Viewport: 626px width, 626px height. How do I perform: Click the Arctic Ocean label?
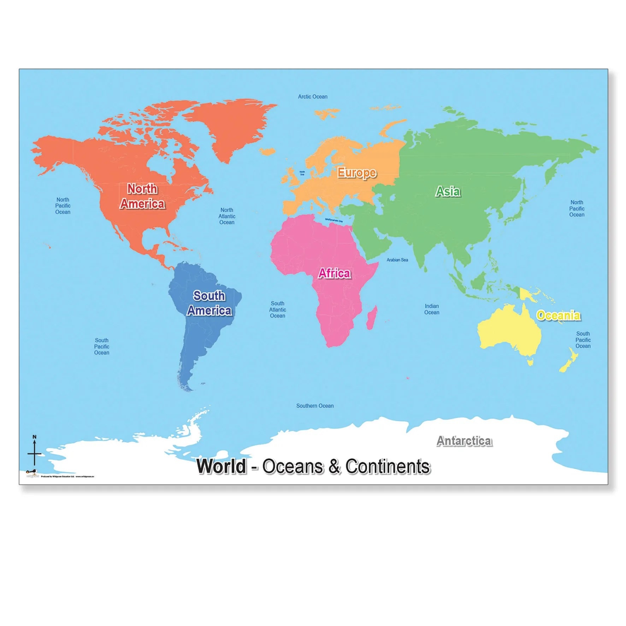point(312,96)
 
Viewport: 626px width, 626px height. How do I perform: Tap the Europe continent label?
point(356,173)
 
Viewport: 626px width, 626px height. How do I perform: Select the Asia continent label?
point(448,191)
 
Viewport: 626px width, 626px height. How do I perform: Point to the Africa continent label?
point(334,273)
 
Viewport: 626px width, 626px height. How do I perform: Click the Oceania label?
point(558,315)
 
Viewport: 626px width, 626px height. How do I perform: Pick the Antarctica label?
point(464,441)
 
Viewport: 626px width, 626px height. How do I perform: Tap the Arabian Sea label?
point(397,260)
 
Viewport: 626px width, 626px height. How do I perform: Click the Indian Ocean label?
point(432,309)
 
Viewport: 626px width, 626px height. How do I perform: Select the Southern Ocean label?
point(315,406)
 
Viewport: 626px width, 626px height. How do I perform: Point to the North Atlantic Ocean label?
point(227,216)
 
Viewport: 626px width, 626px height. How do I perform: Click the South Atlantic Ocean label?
point(277,309)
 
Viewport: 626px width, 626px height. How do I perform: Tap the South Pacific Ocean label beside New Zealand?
point(583,340)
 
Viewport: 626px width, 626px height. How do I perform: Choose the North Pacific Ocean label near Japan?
point(577,208)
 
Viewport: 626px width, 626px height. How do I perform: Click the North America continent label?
point(142,196)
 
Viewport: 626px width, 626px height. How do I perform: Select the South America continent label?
point(209,303)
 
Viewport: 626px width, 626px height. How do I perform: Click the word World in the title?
point(222,466)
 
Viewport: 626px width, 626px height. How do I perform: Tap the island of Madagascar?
point(371,317)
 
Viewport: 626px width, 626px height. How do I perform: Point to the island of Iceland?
point(267,151)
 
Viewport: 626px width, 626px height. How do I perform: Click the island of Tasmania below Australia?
point(530,362)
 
